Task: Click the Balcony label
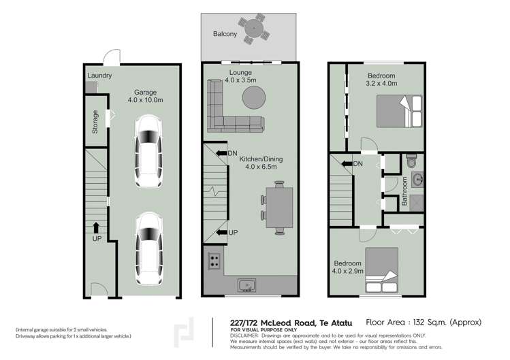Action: pyautogui.click(x=225, y=33)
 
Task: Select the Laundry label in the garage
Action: pyautogui.click(x=99, y=76)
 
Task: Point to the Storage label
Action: pyautogui.click(x=95, y=126)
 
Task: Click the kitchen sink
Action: pyautogui.click(x=246, y=284)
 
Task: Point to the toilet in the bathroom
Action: pyautogui.click(x=411, y=163)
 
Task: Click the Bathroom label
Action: pyautogui.click(x=404, y=191)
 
